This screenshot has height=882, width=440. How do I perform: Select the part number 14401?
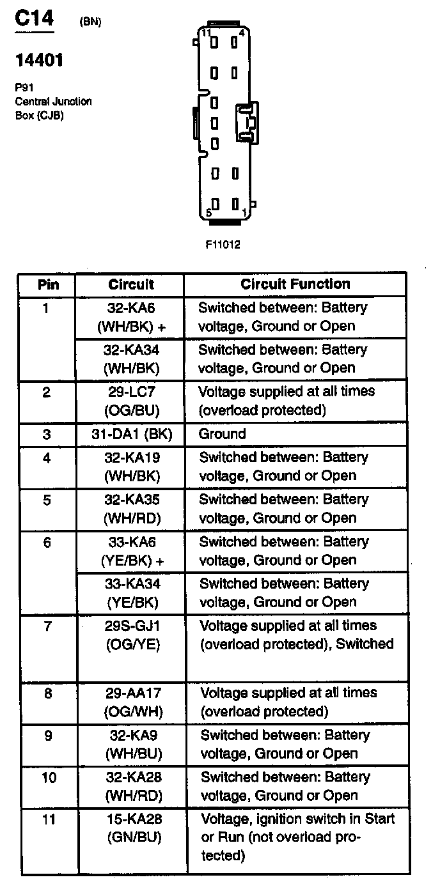[x=39, y=61]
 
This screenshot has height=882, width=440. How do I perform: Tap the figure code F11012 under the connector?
[x=223, y=244]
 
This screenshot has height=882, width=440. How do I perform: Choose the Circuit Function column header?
[x=295, y=284]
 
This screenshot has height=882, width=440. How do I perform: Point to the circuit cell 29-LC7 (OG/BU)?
[x=131, y=400]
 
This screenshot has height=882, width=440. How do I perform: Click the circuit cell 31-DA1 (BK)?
[x=131, y=434]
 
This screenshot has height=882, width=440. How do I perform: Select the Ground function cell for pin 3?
[x=222, y=434]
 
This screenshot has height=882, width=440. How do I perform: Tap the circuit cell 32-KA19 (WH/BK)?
[x=131, y=467]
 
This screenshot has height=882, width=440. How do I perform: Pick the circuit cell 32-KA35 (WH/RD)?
[x=131, y=509]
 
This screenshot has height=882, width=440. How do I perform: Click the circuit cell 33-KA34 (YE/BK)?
[x=131, y=592]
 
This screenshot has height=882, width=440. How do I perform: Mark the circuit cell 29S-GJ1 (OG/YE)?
[x=131, y=635]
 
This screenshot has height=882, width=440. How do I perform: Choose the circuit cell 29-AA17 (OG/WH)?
[x=131, y=702]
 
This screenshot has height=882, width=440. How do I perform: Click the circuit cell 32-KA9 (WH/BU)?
[x=131, y=744]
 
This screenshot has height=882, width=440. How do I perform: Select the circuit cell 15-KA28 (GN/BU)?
[x=131, y=828]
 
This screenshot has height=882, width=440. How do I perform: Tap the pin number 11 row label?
[x=47, y=819]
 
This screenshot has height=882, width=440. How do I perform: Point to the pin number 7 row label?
[x=47, y=626]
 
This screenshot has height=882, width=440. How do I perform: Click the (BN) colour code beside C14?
[x=90, y=22]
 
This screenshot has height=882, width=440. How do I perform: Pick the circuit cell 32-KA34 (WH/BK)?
[x=131, y=359]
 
